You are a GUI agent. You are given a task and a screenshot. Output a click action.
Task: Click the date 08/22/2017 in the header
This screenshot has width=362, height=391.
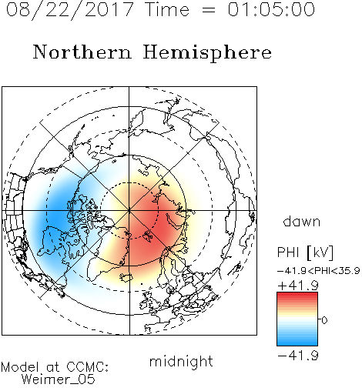69,9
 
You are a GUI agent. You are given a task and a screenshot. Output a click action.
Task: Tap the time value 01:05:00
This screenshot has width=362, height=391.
271,9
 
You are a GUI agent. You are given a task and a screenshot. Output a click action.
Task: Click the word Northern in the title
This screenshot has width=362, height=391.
82,52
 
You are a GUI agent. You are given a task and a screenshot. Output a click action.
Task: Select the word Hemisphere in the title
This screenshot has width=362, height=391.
207,53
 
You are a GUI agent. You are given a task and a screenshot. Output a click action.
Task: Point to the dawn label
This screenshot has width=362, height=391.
302,221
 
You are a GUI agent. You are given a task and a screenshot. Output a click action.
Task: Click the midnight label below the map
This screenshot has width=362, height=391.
181,361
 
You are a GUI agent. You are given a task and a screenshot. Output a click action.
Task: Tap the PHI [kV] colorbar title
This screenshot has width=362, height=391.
305,252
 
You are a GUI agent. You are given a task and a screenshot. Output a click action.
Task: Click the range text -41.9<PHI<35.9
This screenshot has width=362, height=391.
319,271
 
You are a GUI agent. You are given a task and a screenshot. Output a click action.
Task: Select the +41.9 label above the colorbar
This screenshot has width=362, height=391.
298,286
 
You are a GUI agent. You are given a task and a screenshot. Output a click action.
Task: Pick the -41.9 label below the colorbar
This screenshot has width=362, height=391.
298,356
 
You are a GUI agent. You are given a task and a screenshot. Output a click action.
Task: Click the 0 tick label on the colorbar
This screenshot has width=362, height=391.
324,320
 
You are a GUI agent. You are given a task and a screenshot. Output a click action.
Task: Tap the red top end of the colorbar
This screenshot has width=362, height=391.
297,294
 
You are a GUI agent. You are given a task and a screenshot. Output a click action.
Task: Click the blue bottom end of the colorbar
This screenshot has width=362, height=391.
297,343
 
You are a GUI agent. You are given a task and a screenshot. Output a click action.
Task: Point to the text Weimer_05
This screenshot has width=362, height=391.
59,379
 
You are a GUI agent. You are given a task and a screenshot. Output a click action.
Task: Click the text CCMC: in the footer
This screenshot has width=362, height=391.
88,366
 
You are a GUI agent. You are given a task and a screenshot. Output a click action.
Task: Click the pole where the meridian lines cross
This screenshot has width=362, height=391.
129,210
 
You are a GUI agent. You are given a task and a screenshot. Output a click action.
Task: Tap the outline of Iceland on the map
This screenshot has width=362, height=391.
126,277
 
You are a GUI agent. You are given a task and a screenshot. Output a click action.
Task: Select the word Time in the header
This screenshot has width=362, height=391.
167,9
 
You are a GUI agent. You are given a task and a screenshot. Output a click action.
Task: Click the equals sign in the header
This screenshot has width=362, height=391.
209,10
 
